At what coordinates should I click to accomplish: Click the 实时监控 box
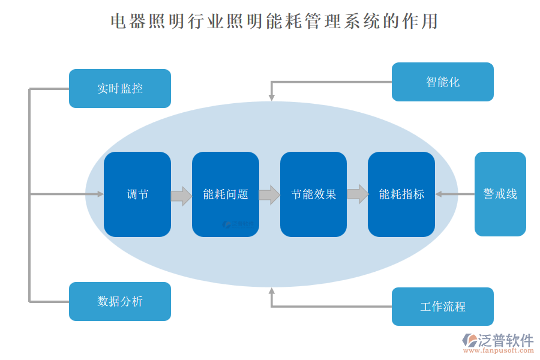click(x=120, y=89)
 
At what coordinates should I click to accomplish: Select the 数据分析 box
click(x=120, y=301)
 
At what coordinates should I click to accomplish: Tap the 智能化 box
click(x=442, y=82)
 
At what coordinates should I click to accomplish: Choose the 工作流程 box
click(x=442, y=307)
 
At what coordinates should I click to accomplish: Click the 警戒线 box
click(x=500, y=194)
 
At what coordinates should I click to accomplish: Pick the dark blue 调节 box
click(x=137, y=194)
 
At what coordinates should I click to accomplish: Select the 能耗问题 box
click(x=225, y=194)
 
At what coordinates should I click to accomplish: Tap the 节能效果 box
click(x=313, y=194)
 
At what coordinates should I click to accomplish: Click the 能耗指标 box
click(x=401, y=194)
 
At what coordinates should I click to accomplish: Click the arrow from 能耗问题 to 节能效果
click(x=269, y=195)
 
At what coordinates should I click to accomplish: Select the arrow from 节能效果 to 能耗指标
click(x=358, y=194)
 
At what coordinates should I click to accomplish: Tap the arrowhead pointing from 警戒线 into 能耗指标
click(x=439, y=194)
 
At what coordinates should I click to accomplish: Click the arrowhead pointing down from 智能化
click(x=271, y=97)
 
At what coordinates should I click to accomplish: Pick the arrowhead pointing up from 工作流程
click(x=271, y=292)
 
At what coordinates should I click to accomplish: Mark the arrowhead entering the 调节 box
click(x=100, y=194)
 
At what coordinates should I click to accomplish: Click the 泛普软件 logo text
click(x=506, y=341)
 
